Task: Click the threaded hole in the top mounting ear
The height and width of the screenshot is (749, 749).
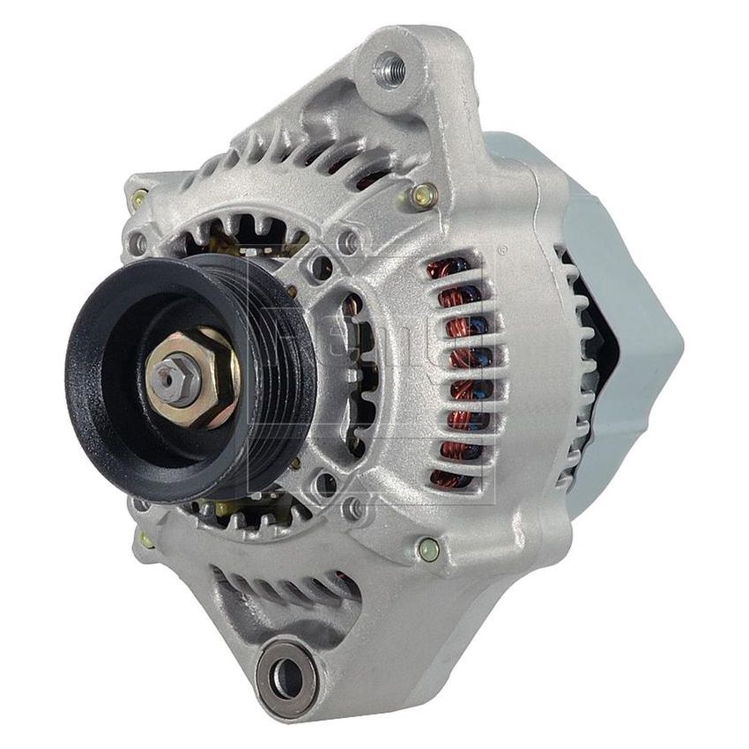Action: point(389,69)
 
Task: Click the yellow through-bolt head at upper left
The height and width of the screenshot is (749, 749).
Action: point(138,199)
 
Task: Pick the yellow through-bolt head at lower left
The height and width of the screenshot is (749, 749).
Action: point(145,538)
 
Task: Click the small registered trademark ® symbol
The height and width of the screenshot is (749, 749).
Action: point(501,252)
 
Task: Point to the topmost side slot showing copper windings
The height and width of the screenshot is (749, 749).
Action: point(458,270)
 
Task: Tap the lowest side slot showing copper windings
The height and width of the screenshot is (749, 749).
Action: point(451,478)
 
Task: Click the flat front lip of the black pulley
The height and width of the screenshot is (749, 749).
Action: point(88,379)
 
